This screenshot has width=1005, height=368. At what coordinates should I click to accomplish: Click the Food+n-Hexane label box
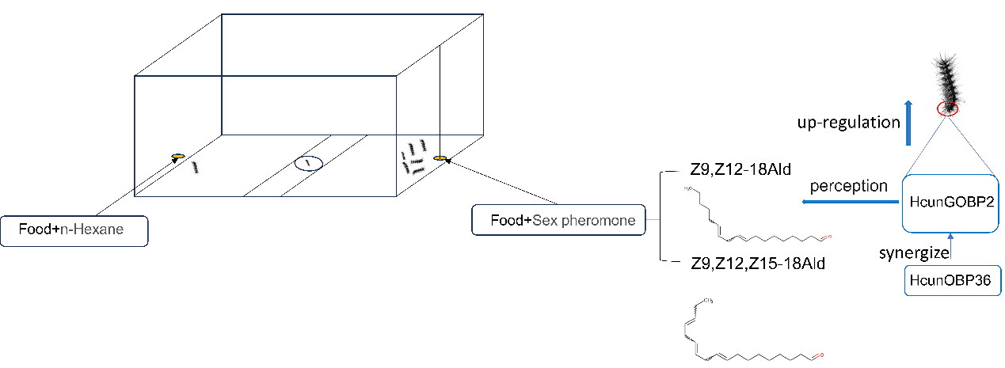pyautogui.click(x=74, y=231)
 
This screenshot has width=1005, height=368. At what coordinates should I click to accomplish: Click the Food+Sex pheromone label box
pyautogui.click(x=558, y=220)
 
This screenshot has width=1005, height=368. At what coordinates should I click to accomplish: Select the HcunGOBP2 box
pyautogui.click(x=952, y=203)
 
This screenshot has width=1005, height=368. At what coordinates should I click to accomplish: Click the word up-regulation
pyautogui.click(x=849, y=123)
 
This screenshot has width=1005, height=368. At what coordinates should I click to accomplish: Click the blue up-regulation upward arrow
pyautogui.click(x=908, y=123)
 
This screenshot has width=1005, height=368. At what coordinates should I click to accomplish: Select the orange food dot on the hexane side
pyautogui.click(x=178, y=156)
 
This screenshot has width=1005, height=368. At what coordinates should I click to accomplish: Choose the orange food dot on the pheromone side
pyautogui.click(x=440, y=158)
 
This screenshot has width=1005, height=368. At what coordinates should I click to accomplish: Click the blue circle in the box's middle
pyautogui.click(x=308, y=164)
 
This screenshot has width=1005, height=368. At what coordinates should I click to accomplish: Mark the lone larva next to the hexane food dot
pyautogui.click(x=195, y=166)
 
